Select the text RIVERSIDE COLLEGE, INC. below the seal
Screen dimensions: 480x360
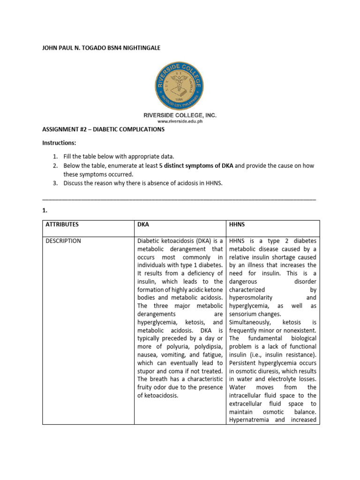[180, 115]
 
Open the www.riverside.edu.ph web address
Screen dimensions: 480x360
[180, 121]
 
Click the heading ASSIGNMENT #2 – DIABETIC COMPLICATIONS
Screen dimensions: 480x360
[103, 129]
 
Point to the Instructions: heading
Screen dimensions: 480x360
[59, 142]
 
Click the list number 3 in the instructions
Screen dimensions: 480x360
[55, 183]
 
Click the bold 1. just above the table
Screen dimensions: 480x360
[45, 211]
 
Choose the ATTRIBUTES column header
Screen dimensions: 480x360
[62, 225]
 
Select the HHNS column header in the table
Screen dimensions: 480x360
[238, 225]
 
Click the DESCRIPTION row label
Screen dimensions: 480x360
[63, 241]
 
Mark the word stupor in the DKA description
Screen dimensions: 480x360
[147, 371]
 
